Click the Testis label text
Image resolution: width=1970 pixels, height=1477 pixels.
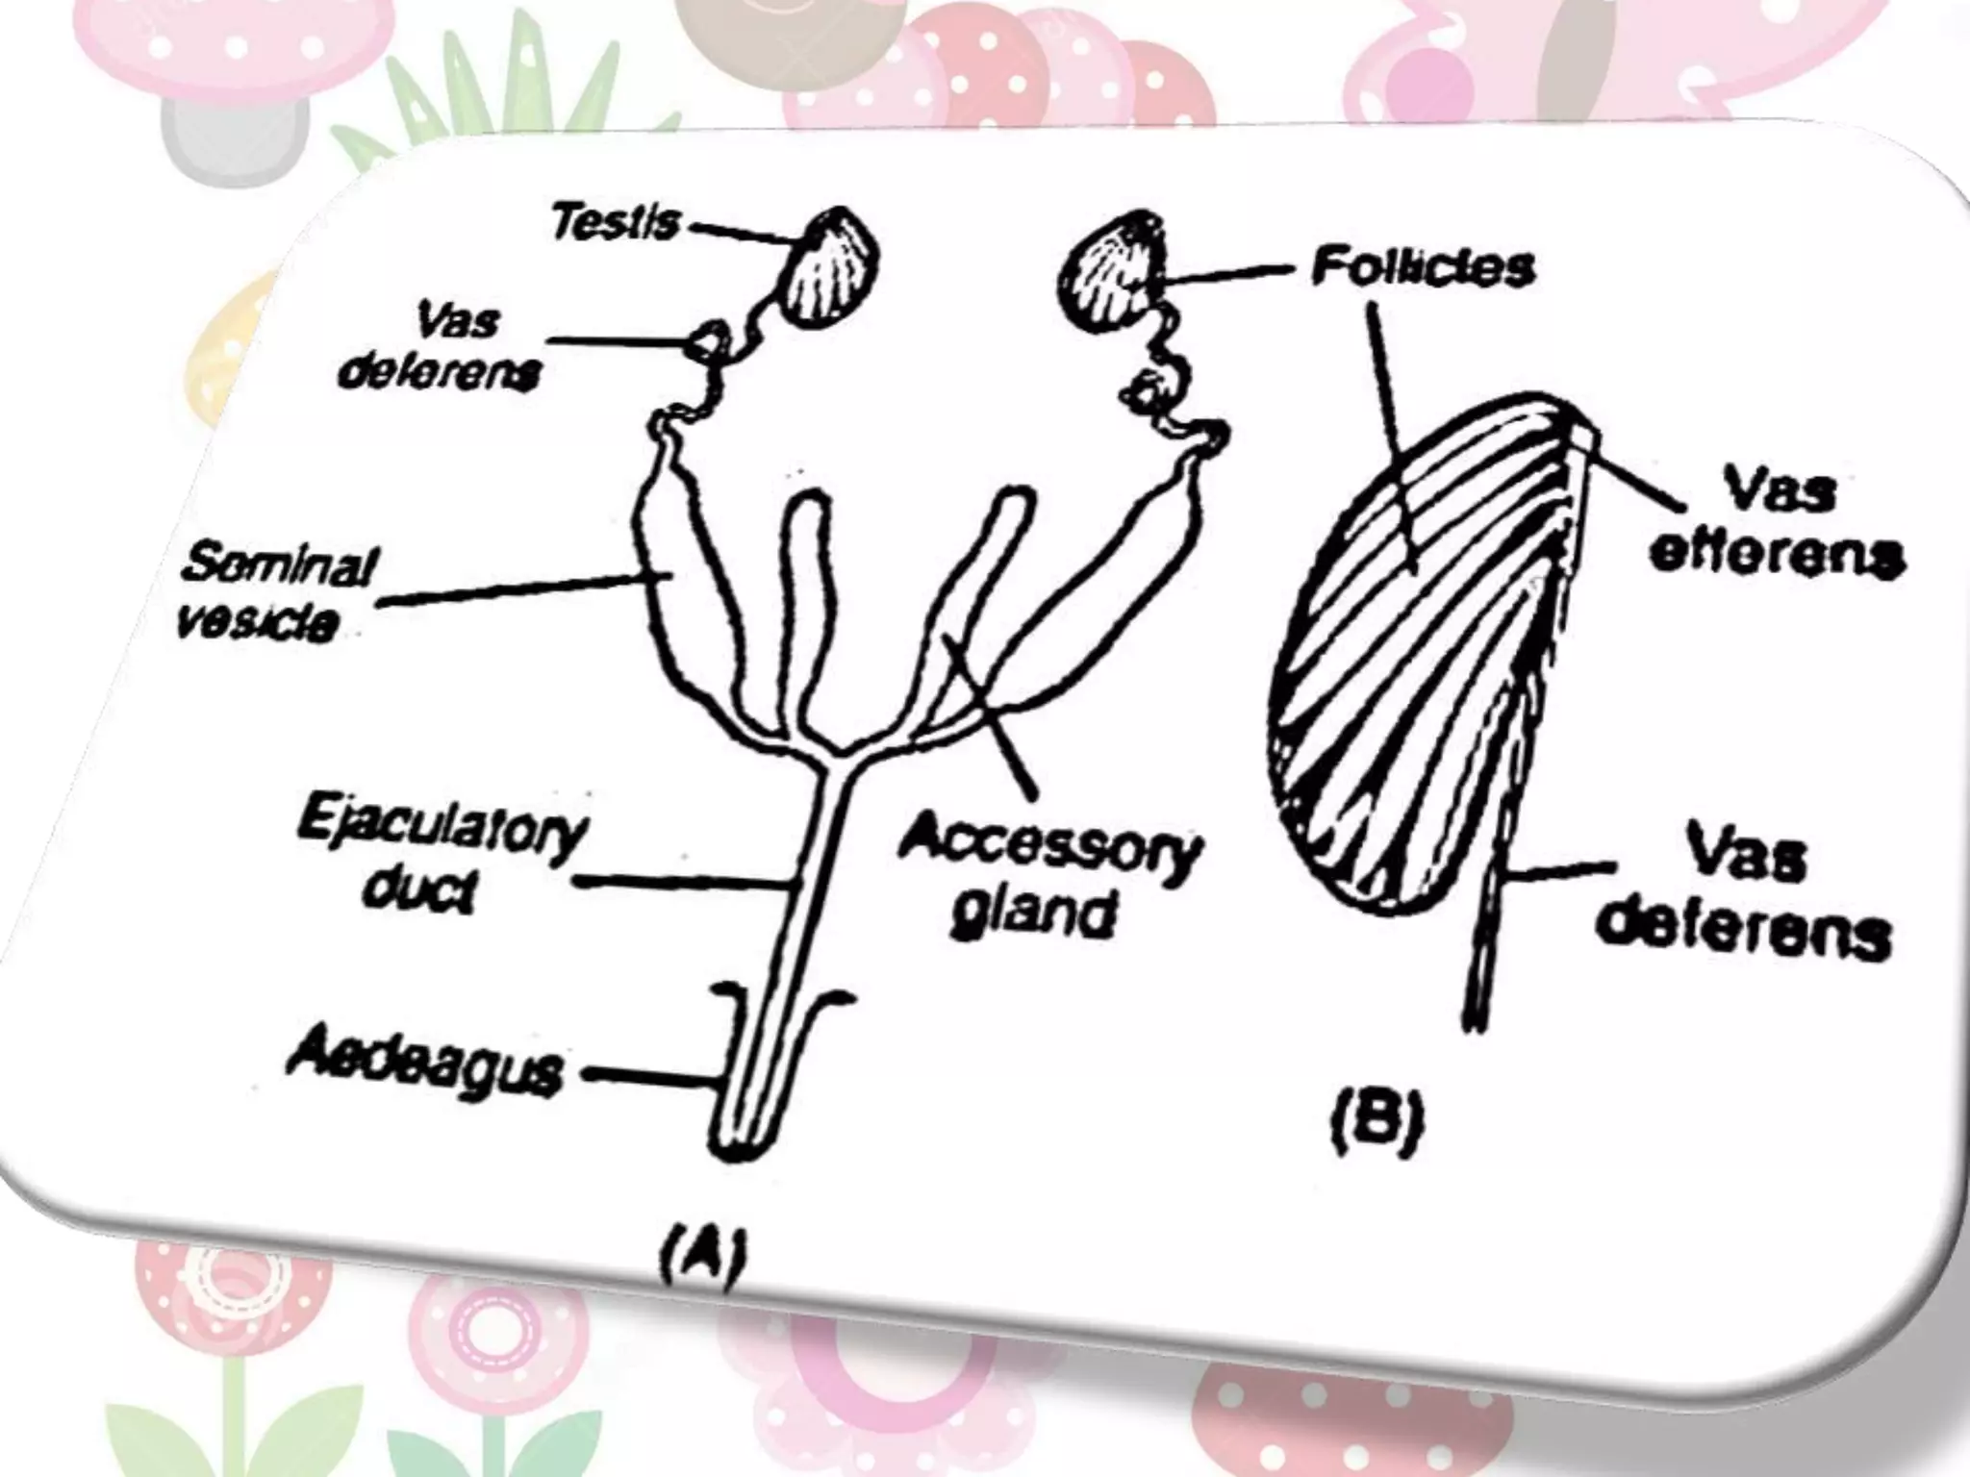[x=615, y=223]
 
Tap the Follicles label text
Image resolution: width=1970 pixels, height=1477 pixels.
[x=1423, y=267]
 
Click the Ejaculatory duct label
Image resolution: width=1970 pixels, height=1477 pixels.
[x=439, y=860]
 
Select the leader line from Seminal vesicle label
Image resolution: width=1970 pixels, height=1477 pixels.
[x=510, y=591]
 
